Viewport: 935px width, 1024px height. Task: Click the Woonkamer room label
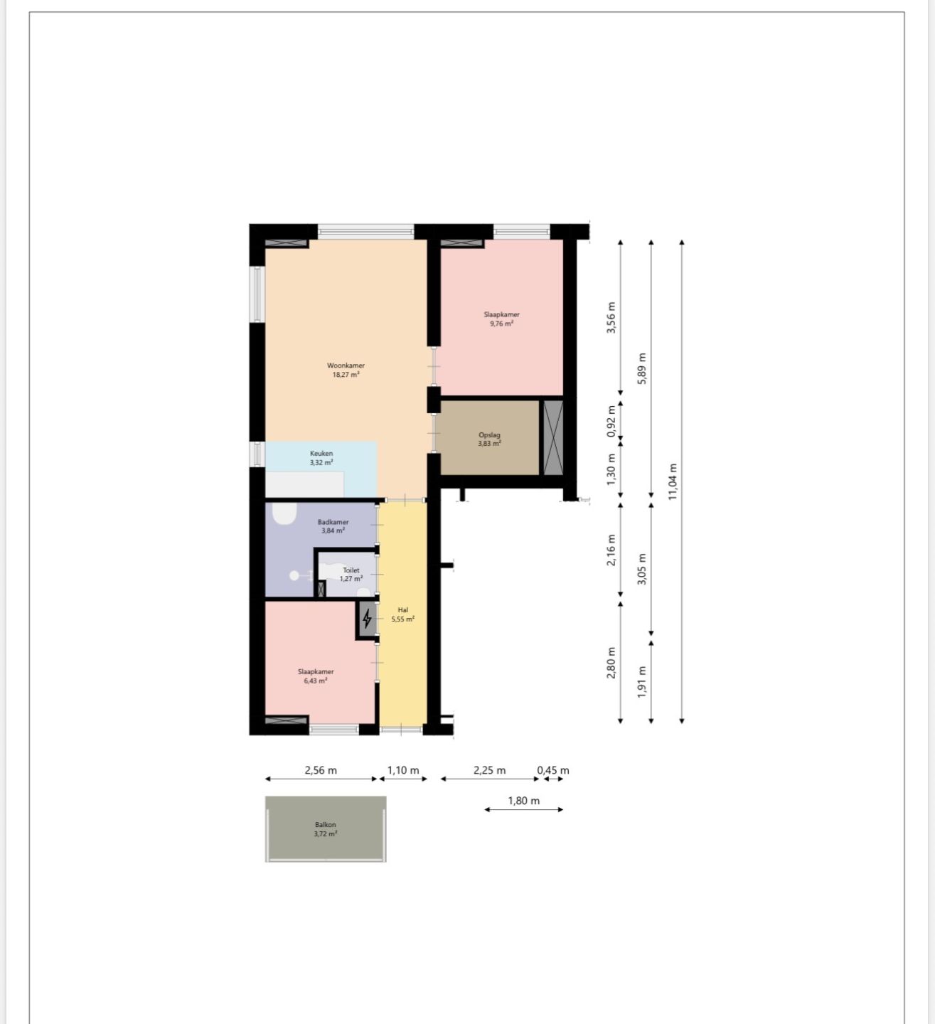tap(346, 366)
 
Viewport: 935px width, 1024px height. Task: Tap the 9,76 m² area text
tap(501, 324)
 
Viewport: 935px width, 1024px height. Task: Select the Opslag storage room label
tap(489, 435)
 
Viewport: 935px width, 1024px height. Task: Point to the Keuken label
tap(321, 453)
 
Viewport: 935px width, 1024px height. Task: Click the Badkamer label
tap(333, 522)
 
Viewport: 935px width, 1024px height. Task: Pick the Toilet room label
tap(351, 570)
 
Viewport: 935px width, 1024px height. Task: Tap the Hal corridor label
tap(403, 610)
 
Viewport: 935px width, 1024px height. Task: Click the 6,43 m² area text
tap(316, 681)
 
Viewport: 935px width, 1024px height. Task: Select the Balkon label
tap(325, 824)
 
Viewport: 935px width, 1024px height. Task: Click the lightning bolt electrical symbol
tap(367, 619)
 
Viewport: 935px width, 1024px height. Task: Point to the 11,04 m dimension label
tap(673, 481)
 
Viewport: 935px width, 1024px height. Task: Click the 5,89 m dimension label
tap(642, 368)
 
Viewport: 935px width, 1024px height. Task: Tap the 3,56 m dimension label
tap(611, 318)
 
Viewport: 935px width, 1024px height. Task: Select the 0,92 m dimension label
tap(611, 421)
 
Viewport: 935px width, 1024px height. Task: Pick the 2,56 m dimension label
tap(321, 770)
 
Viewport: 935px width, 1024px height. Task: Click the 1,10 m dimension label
tap(403, 770)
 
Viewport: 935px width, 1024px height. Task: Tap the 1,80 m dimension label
tap(523, 801)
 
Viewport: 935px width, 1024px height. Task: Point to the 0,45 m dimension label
tap(553, 770)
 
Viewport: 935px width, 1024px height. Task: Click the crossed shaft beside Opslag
tap(553, 437)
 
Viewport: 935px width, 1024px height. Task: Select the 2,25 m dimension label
tap(489, 770)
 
